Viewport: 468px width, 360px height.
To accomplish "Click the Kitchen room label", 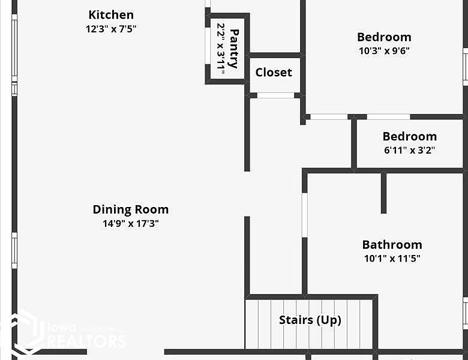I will pos(111,15).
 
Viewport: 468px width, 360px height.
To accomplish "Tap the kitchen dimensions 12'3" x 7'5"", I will pos(111,28).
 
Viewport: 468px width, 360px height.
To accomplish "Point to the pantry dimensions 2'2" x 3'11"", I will pos(221,49).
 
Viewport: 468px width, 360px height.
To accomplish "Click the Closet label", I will pos(274,73).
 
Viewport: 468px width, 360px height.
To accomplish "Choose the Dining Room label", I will pos(130,209).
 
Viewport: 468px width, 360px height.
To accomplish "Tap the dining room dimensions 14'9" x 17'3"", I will pos(130,224).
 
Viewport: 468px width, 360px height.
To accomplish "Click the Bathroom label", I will pos(392,245).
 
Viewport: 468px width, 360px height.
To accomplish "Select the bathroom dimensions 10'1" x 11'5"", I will pos(392,259).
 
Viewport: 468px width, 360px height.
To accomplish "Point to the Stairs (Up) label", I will pos(310,320).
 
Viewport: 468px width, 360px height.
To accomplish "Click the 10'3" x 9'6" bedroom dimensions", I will pos(384,51).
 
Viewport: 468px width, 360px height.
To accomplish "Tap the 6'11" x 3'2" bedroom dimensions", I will pos(409,151).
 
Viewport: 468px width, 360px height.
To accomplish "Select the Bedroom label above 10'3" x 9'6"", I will pos(384,37).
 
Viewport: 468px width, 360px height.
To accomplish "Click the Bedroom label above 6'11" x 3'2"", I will pos(409,136).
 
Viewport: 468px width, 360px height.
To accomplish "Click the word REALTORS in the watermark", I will pos(86,341).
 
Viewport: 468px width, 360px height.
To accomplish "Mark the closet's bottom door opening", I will pos(275,95).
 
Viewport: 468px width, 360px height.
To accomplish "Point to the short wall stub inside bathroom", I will pos(383,193).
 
